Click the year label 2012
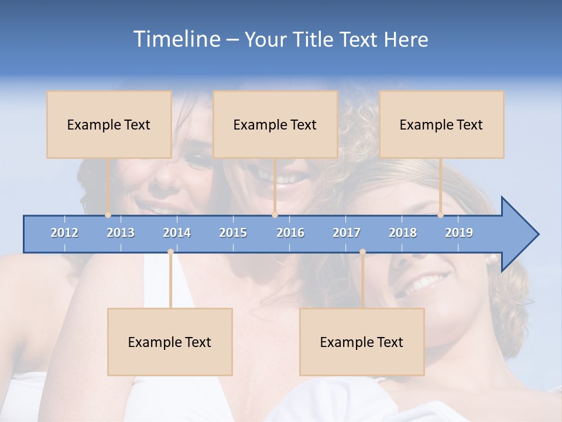pyautogui.click(x=64, y=233)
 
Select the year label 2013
pyautogui.click(x=121, y=233)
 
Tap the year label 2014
pyautogui.click(x=177, y=233)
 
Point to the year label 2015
pyautogui.click(x=233, y=233)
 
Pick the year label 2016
pyautogui.click(x=290, y=233)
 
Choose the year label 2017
pyautogui.click(x=347, y=233)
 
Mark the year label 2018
pyautogui.click(x=403, y=233)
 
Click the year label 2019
pyautogui.click(x=459, y=233)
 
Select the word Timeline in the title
pyautogui.click(x=176, y=39)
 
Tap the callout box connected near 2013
pyautogui.click(x=109, y=124)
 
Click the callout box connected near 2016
pyautogui.click(x=275, y=124)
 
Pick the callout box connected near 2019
pyautogui.click(x=441, y=124)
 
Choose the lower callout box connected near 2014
pyautogui.click(x=170, y=342)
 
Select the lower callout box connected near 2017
pyautogui.click(x=362, y=342)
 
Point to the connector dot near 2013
pyautogui.click(x=108, y=215)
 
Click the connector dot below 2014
pyautogui.click(x=170, y=252)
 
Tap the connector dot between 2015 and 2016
pyautogui.click(x=275, y=215)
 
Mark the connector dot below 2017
pyautogui.click(x=362, y=252)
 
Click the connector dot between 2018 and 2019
pyautogui.click(x=441, y=215)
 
